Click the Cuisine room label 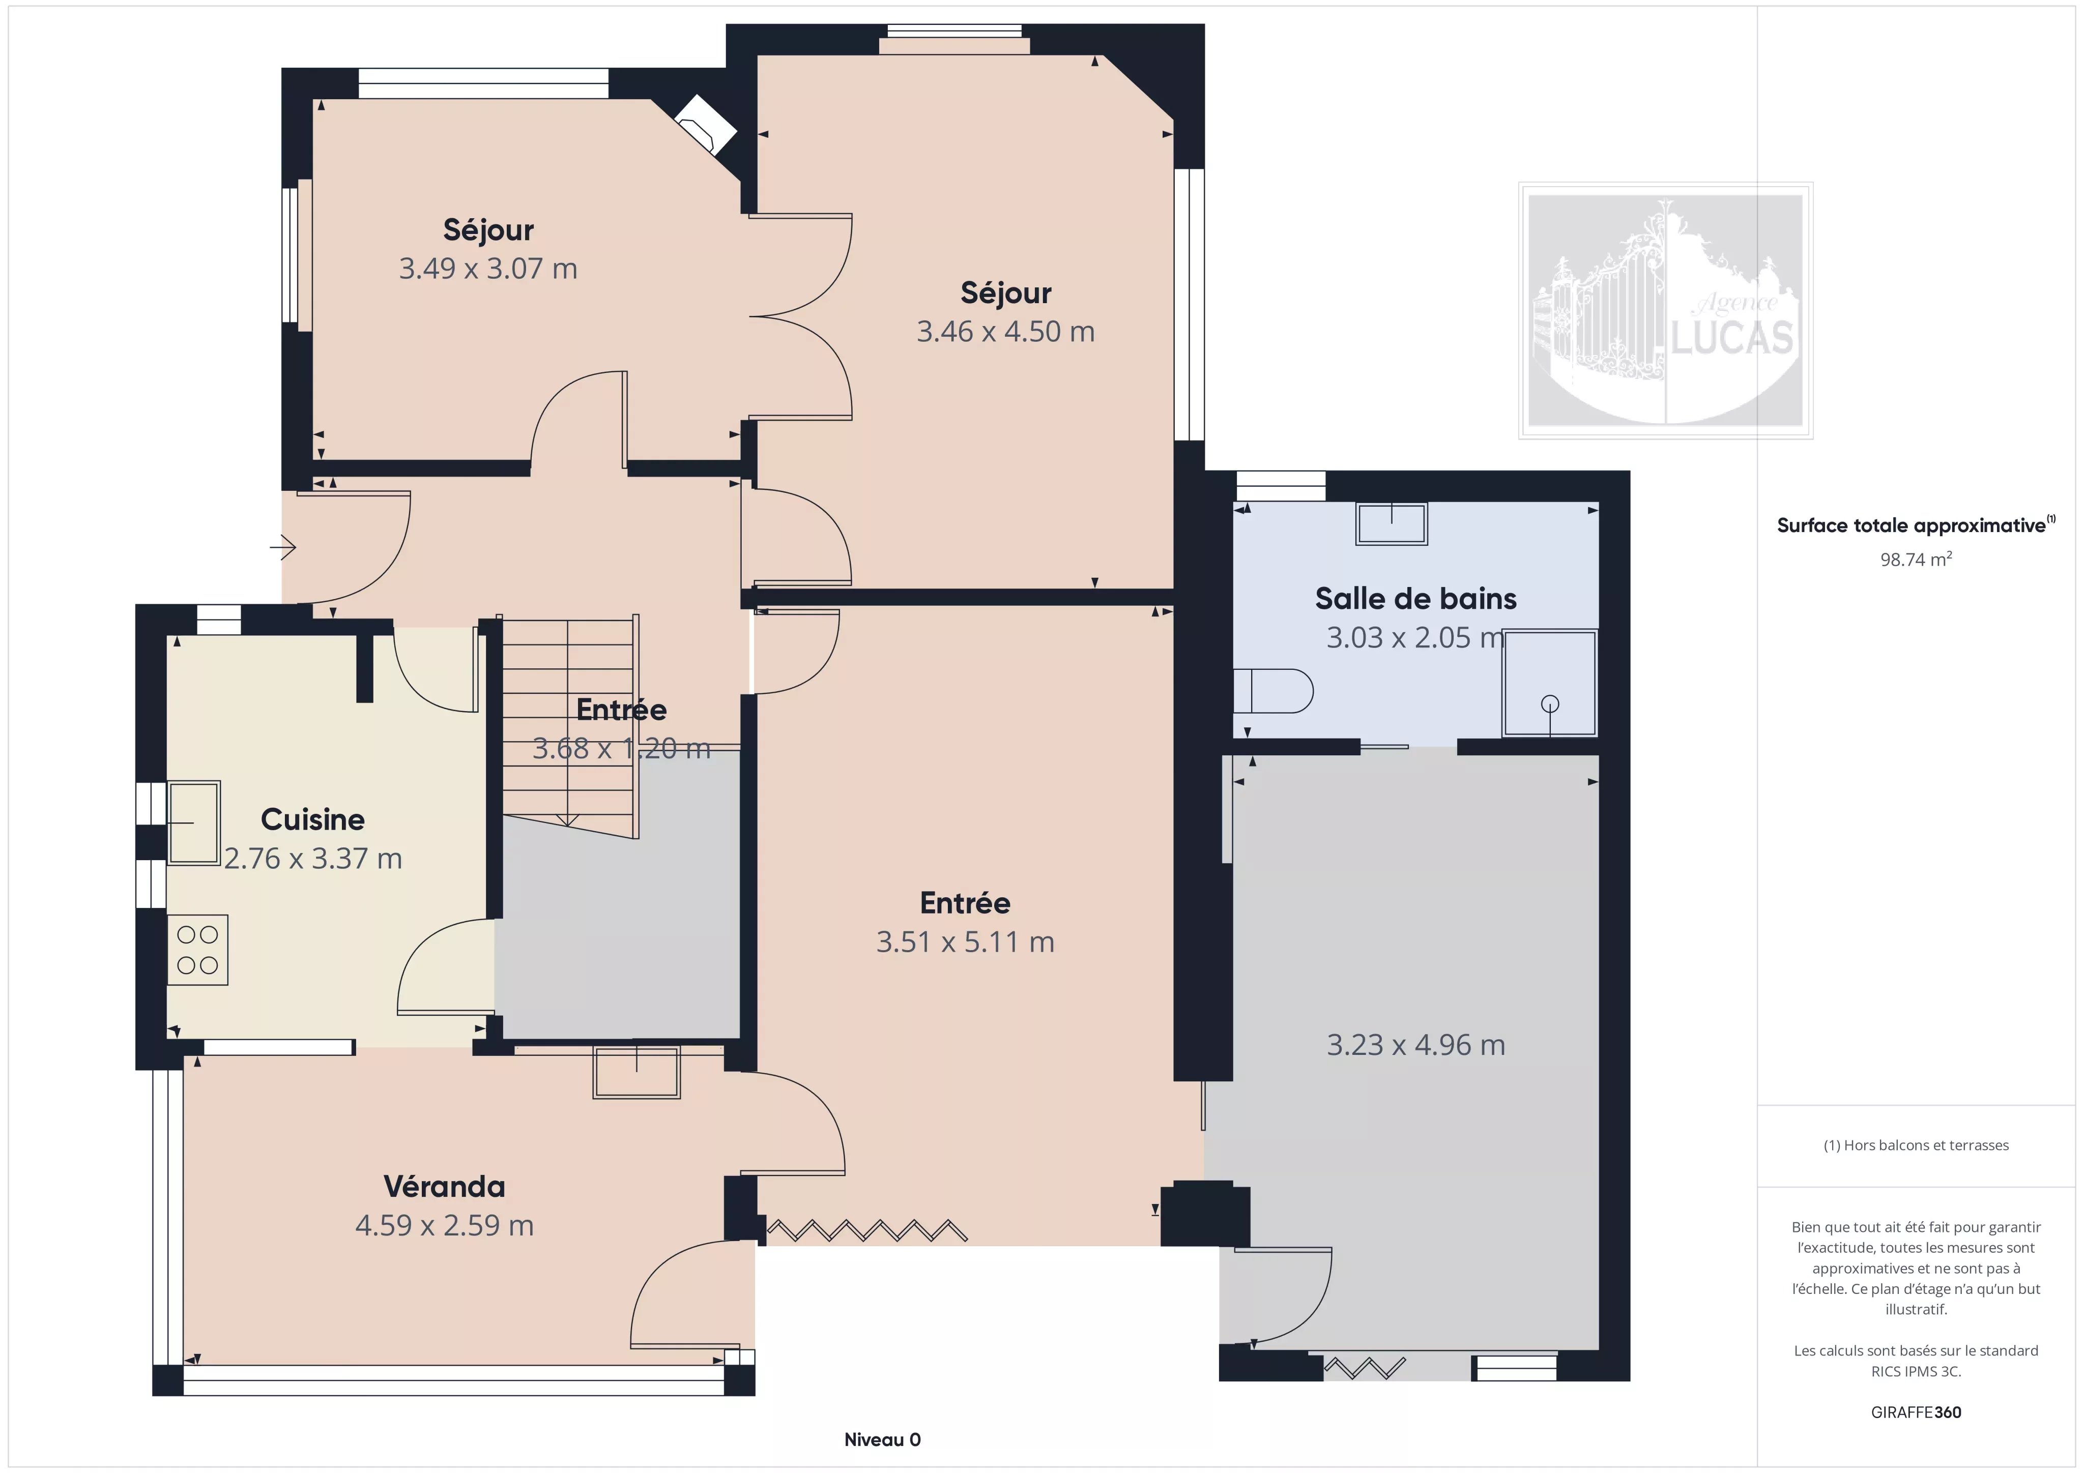[312, 819]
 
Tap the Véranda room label [444, 1186]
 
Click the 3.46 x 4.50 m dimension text [1006, 331]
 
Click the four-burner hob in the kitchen [197, 949]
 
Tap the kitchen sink [193, 822]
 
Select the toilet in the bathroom [1272, 692]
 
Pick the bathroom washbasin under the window [1392, 524]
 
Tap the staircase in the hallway [569, 726]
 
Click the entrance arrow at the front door [283, 547]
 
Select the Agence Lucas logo [1666, 310]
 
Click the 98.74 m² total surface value [1916, 559]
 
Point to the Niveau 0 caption [882, 1439]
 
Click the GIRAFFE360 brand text [1916, 1412]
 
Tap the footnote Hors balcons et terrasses [1916, 1145]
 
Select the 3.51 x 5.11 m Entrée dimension [965, 942]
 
